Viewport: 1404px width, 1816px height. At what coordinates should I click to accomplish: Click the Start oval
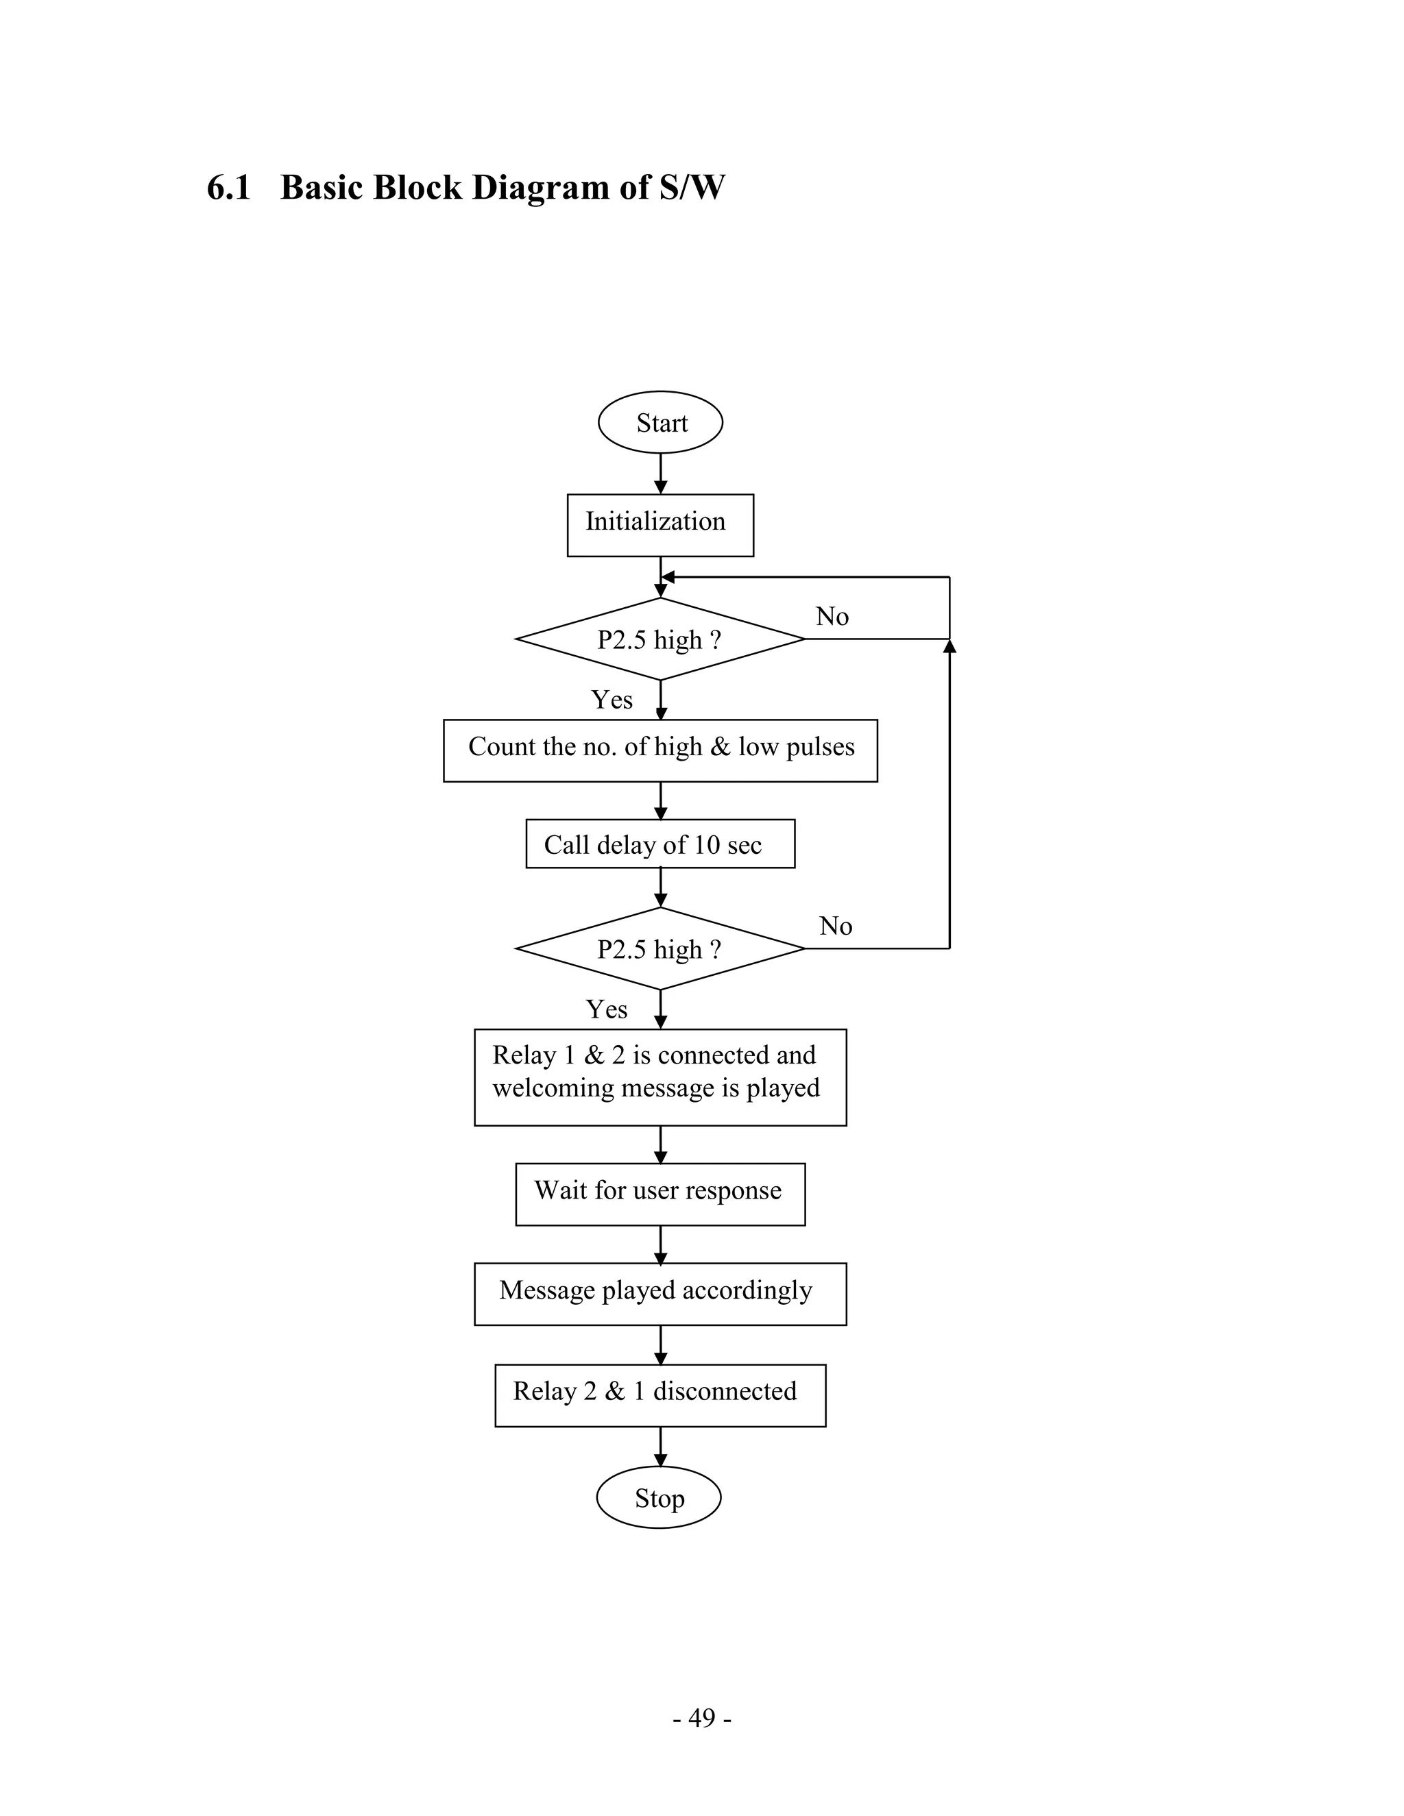tap(660, 422)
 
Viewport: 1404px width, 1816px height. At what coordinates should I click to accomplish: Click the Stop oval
tap(659, 1497)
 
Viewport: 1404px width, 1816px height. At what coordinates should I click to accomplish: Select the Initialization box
tap(660, 525)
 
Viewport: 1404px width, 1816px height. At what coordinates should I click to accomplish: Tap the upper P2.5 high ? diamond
tap(659, 639)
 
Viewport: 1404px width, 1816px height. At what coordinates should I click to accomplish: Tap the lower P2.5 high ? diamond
tap(659, 948)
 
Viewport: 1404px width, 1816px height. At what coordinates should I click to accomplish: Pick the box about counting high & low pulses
tap(660, 750)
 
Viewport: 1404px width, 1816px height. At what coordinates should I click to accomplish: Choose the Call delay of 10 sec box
tap(660, 844)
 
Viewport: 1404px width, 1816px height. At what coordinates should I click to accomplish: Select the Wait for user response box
tap(660, 1193)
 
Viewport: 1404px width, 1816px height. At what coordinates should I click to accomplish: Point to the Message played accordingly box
tap(660, 1294)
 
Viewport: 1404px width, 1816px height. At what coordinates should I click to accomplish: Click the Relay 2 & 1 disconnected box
tap(660, 1395)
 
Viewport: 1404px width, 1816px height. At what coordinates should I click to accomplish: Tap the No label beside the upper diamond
tap(832, 616)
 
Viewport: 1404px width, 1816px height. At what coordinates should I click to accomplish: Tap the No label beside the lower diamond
tap(835, 925)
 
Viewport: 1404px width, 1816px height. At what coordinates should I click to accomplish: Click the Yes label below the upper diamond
tap(612, 699)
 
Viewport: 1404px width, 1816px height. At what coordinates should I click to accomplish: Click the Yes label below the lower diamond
tap(606, 1009)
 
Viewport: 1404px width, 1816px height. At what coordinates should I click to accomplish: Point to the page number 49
tap(702, 1717)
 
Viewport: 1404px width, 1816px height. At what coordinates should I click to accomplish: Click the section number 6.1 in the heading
tap(229, 187)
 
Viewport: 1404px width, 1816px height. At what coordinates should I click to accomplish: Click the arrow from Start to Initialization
tap(660, 474)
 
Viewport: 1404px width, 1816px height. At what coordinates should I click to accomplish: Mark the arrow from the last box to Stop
tap(660, 1446)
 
